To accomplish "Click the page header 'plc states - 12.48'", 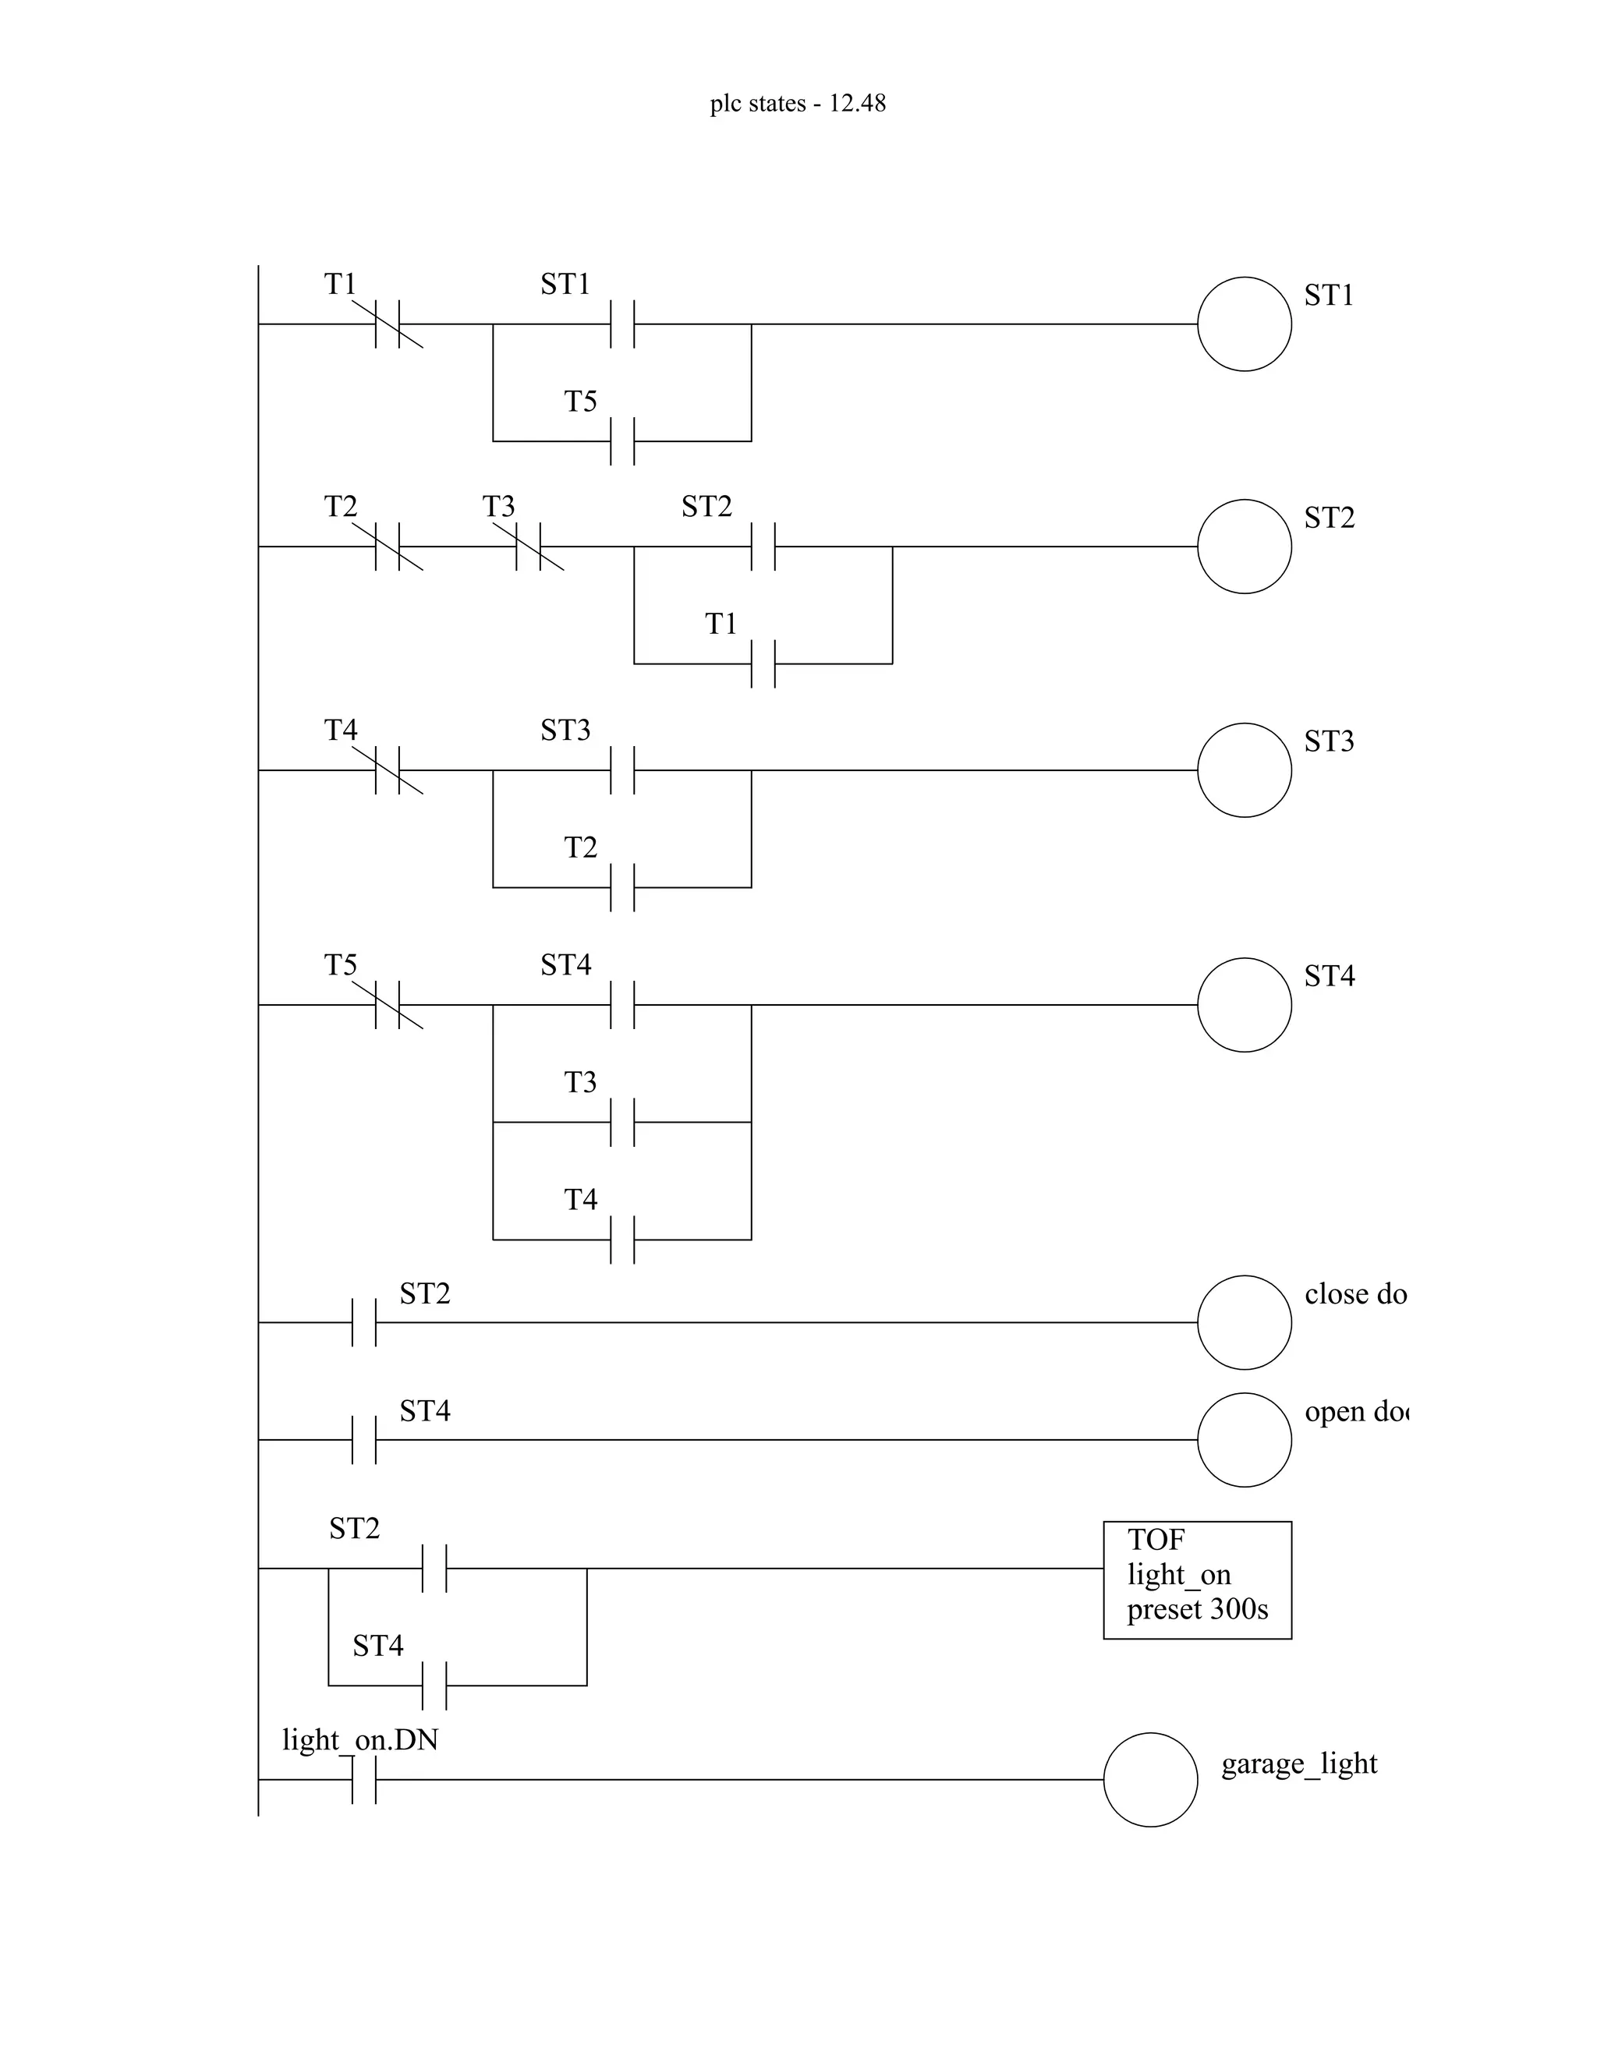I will [798, 103].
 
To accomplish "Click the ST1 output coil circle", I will [1244, 324].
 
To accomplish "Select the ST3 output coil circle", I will [1244, 770].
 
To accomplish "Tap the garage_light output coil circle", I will [1150, 1779].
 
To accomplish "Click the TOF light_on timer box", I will [1197, 1580].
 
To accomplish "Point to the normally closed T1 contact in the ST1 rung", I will [387, 324].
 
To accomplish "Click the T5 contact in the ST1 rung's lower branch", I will [622, 440].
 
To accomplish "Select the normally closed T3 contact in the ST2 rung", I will [528, 547].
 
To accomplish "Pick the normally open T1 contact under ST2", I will [763, 663].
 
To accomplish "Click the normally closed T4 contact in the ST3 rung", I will [387, 770].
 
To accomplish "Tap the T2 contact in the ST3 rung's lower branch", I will [622, 887].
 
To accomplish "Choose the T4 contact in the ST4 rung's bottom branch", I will [622, 1240].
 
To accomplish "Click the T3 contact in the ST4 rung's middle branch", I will [622, 1122].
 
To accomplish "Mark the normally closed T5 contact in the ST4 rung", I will [387, 1005].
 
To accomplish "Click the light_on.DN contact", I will [363, 1779].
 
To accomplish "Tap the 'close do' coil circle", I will [1244, 1322].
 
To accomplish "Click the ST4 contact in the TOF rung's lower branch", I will [434, 1685].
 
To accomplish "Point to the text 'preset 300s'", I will [1197, 1609].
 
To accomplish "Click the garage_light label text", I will [1299, 1764].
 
